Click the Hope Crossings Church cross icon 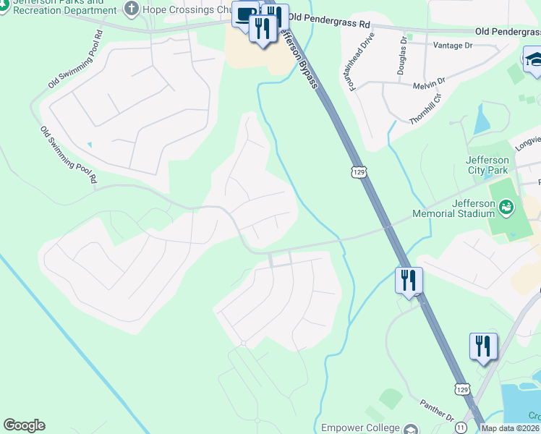coord(131,9)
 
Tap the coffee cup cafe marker coord(246,14)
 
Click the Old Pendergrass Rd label coord(507,32)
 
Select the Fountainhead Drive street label coord(361,61)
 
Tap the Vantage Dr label coord(452,45)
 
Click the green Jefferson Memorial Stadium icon coord(507,208)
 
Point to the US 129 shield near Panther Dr coord(462,388)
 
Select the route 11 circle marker coord(461,428)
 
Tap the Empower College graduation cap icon coord(412,428)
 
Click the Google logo coord(24,425)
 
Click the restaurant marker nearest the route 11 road coord(482,346)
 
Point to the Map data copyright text coord(511,428)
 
